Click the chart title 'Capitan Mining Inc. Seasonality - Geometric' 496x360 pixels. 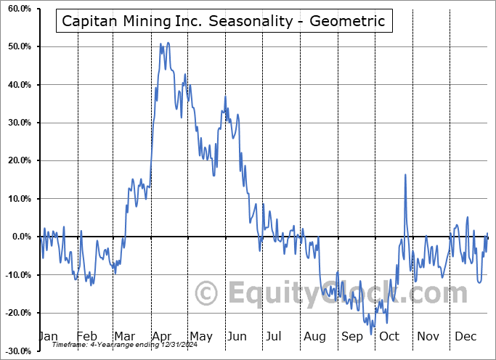click(224, 21)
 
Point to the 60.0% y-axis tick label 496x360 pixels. click(20, 9)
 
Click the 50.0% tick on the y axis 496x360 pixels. click(20, 46)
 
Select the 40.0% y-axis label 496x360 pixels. click(20, 85)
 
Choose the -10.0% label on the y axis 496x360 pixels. click(18, 274)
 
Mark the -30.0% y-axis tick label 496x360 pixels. click(18, 351)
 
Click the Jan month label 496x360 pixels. click(47, 336)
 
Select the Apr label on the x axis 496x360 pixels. click(162, 336)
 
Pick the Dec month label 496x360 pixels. click(465, 336)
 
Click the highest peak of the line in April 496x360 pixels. click(160, 44)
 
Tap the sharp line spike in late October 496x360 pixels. click(404, 174)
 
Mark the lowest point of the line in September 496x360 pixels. click(372, 334)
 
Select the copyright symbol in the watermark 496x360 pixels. click(207, 294)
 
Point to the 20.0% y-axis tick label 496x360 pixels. click(20, 160)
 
